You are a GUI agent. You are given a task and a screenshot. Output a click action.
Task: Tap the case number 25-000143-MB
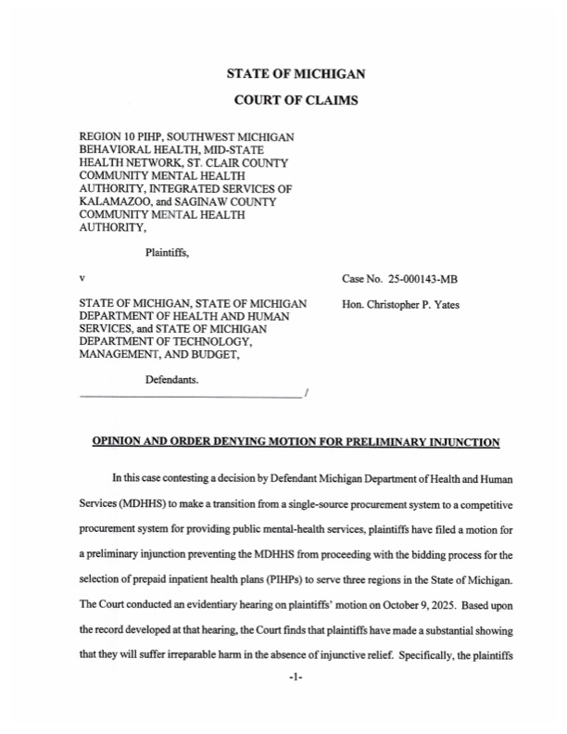click(401, 278)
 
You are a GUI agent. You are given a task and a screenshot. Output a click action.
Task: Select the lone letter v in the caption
click(83, 278)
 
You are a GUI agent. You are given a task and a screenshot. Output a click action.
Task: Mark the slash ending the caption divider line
click(306, 397)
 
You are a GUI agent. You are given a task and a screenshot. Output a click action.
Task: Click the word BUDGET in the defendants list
click(216, 355)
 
